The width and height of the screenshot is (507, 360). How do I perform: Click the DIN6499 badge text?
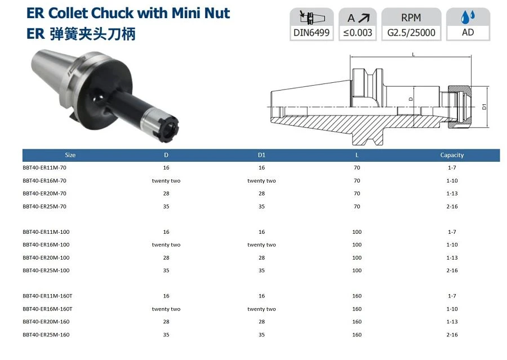(x=312, y=33)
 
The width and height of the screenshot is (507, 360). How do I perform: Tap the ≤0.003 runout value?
(x=358, y=33)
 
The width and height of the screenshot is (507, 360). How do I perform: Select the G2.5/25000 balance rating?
(x=411, y=33)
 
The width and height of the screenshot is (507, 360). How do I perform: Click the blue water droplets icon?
(x=468, y=17)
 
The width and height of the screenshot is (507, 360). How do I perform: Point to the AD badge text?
(x=468, y=32)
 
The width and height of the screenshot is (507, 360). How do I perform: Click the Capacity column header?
(x=452, y=155)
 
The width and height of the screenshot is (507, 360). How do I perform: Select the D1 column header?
(x=261, y=155)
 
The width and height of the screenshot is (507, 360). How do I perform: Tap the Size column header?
(x=70, y=155)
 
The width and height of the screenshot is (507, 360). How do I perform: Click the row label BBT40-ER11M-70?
(x=45, y=167)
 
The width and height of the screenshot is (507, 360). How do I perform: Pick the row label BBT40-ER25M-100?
(x=46, y=270)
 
